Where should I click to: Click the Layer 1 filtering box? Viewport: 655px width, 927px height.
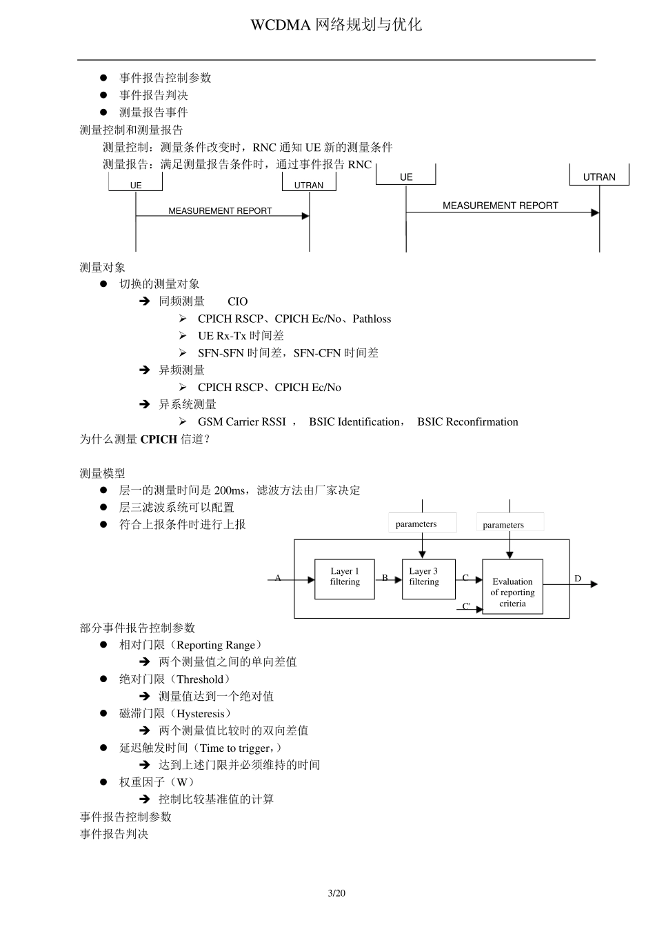pyautogui.click(x=345, y=579)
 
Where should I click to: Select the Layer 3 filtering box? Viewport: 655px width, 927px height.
pyautogui.click(x=428, y=579)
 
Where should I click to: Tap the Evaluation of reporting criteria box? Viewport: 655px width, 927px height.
pyautogui.click(x=512, y=587)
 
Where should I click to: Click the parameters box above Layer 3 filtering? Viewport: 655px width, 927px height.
pyautogui.click(x=422, y=524)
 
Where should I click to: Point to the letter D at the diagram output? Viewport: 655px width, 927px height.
pyautogui.click(x=578, y=579)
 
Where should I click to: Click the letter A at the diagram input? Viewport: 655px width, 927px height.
pyautogui.click(x=278, y=578)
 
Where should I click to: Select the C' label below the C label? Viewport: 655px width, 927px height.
pyautogui.click(x=467, y=607)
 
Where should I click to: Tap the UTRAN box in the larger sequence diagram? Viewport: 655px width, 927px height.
pyautogui.click(x=599, y=177)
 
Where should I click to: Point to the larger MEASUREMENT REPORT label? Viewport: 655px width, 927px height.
pyautogui.click(x=500, y=206)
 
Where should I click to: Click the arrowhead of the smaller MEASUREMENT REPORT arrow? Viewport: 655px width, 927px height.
pyautogui.click(x=305, y=216)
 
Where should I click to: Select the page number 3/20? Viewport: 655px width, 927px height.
pyautogui.click(x=336, y=893)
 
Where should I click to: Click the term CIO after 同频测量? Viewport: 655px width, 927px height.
pyautogui.click(x=237, y=301)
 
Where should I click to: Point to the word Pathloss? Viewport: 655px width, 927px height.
pyautogui.click(x=372, y=319)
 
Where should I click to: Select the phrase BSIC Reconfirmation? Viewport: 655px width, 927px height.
pyautogui.click(x=467, y=422)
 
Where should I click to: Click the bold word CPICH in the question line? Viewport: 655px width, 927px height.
pyautogui.click(x=159, y=439)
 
